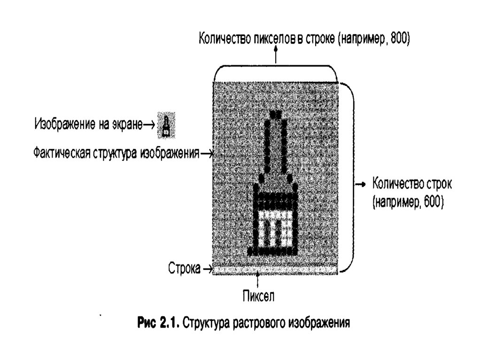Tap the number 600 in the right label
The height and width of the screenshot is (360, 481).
[428, 202]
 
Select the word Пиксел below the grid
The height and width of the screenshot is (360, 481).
[258, 296]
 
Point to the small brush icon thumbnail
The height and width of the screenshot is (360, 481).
[166, 125]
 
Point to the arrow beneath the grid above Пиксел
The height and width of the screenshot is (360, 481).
[258, 281]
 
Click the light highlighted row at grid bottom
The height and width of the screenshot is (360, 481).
[275, 269]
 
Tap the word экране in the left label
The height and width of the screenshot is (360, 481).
[127, 124]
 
